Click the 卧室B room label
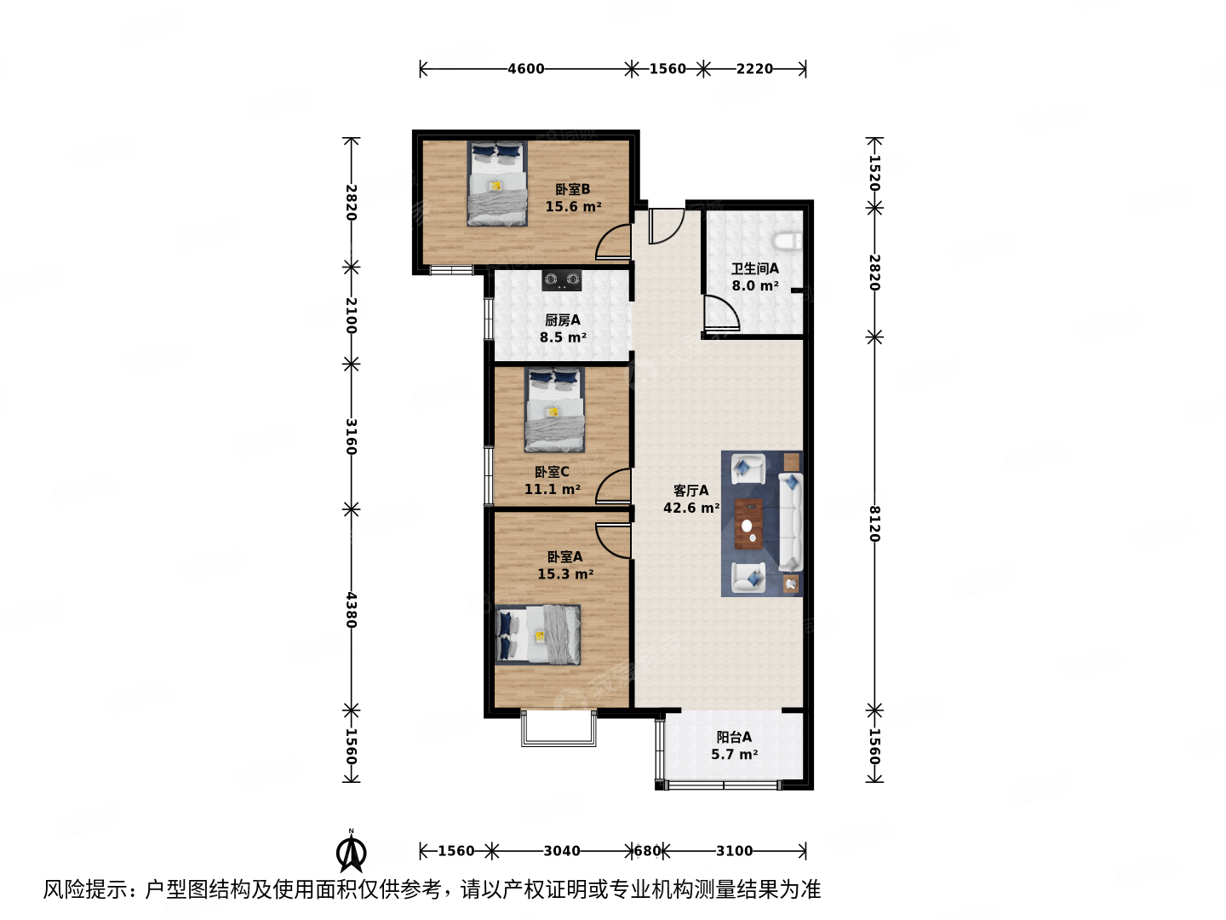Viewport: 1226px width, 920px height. point(572,189)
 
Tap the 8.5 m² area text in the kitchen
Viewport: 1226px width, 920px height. point(563,337)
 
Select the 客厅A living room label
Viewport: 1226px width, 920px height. point(690,491)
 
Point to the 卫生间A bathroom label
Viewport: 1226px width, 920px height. point(754,268)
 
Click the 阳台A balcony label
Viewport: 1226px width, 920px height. point(733,737)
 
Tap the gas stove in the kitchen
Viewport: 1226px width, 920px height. point(562,279)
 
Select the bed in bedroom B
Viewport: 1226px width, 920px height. point(496,184)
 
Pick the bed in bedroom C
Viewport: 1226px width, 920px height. point(554,410)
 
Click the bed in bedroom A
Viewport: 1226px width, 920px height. point(538,635)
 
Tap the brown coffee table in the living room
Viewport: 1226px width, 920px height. point(749,524)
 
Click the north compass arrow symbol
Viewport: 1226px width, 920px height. point(351,851)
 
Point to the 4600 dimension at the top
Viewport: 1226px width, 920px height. point(525,69)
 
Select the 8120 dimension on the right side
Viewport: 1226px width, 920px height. point(874,523)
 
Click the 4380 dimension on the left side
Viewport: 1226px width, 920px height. point(351,610)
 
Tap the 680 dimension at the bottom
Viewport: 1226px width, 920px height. point(647,851)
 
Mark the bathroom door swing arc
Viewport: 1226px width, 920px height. point(722,313)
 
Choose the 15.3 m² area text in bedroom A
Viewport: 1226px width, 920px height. point(565,574)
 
